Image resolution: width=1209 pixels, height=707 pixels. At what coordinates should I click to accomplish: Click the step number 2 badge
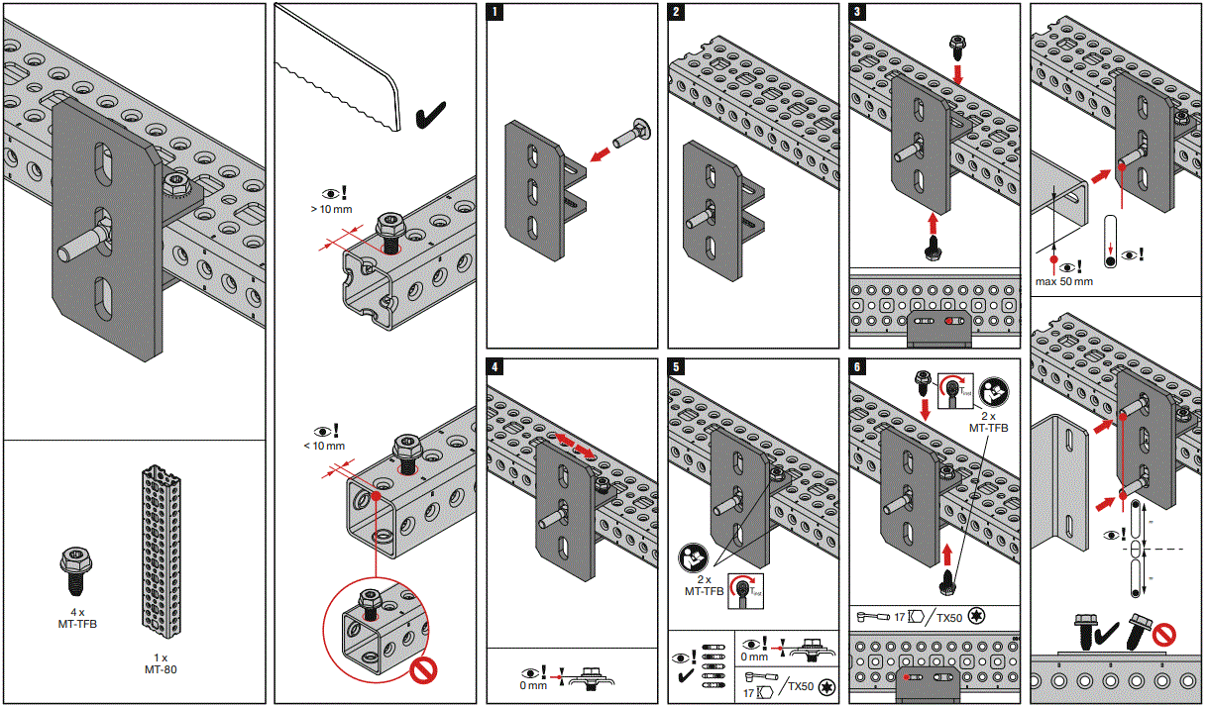[677, 14]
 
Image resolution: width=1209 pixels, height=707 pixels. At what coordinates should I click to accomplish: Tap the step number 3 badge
[858, 14]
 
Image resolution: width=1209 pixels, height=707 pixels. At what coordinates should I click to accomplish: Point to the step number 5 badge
[677, 367]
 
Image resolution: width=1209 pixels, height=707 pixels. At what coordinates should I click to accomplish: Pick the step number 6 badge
[858, 367]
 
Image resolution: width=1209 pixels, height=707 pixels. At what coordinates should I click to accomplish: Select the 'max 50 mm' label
[1063, 281]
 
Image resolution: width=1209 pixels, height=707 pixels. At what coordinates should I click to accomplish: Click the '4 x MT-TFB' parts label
[77, 618]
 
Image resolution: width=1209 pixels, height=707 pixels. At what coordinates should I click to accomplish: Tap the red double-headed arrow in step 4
[574, 444]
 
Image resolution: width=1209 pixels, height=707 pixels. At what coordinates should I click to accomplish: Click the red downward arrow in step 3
[958, 74]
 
